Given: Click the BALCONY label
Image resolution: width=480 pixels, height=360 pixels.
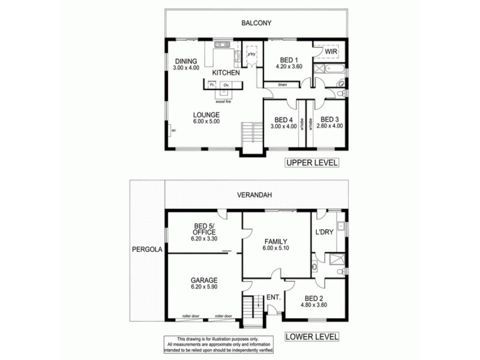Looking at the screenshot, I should click(257, 23).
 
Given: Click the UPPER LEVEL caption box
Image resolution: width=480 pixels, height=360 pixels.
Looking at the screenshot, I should click(312, 163).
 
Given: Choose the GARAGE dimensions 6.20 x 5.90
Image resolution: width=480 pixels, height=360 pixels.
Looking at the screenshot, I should click(205, 288).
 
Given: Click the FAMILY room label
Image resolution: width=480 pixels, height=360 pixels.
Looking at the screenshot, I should click(277, 242).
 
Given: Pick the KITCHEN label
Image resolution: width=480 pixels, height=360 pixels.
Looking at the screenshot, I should click(226, 73).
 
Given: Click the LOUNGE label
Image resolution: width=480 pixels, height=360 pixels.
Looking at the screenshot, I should click(206, 114).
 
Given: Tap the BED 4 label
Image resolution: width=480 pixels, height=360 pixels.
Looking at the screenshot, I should click(284, 119).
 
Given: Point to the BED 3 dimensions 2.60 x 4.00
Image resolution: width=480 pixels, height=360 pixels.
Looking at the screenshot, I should click(329, 127).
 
